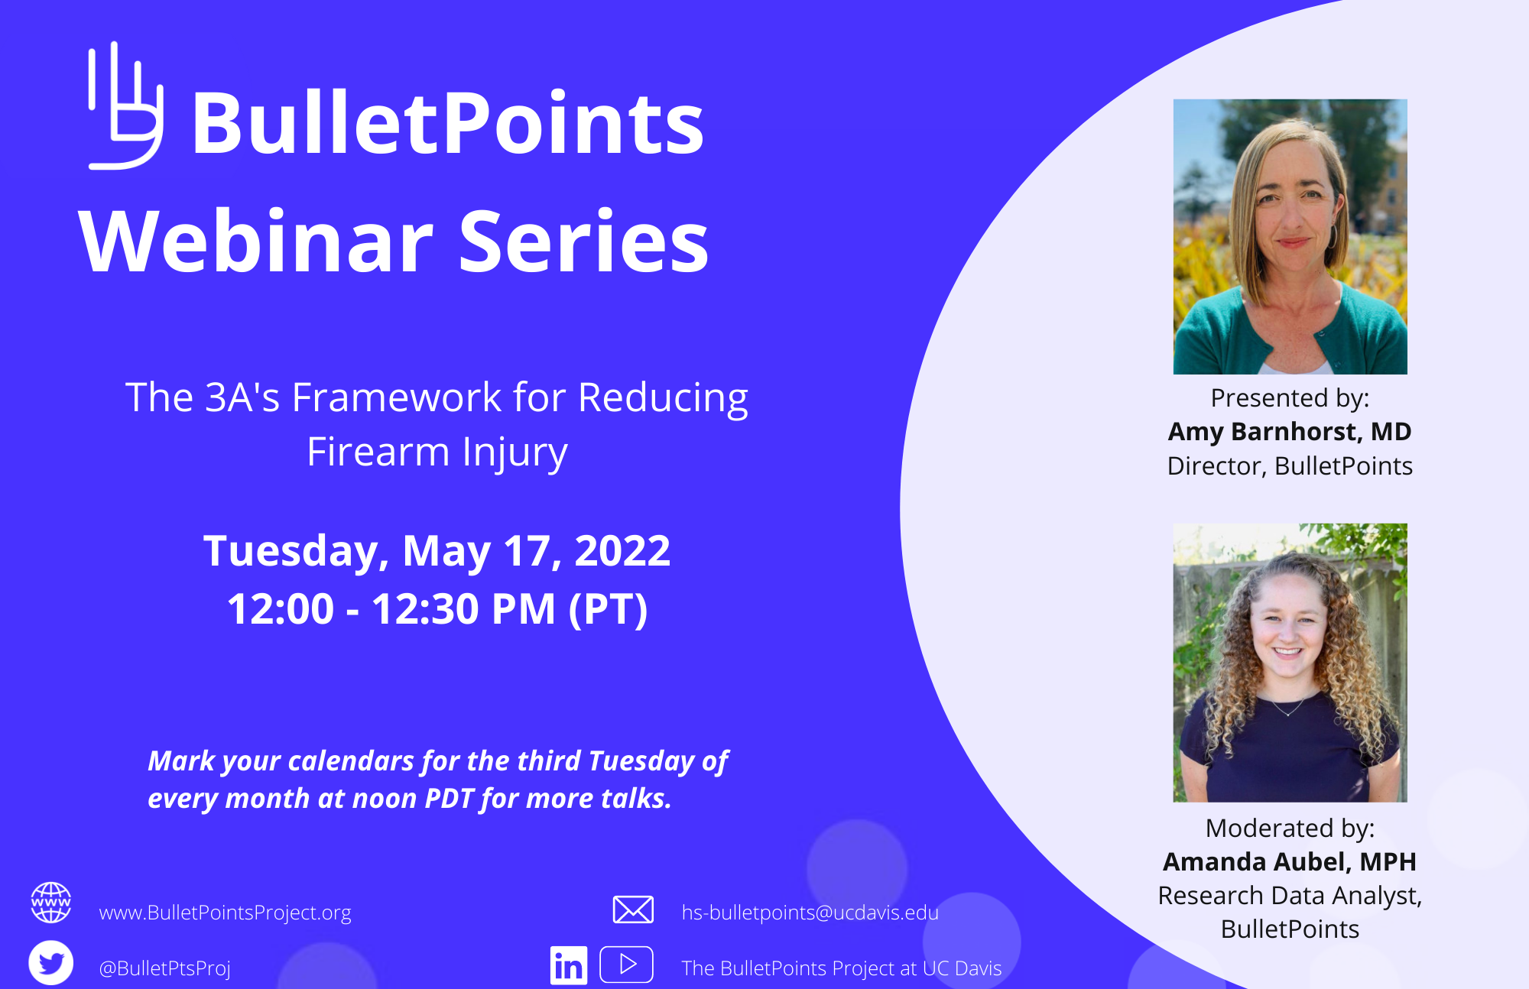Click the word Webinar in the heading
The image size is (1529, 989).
(x=256, y=242)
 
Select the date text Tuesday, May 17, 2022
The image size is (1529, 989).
(x=437, y=550)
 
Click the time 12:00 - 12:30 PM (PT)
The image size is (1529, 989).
(x=437, y=609)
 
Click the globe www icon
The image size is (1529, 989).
(x=51, y=903)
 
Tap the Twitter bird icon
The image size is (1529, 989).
(x=51, y=963)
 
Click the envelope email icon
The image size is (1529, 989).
(x=633, y=910)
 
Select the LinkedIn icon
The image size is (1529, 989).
(x=569, y=966)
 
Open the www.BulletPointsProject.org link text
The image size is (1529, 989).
(x=225, y=913)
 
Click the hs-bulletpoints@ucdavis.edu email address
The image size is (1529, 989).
(x=810, y=913)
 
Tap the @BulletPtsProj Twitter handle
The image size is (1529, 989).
(x=164, y=968)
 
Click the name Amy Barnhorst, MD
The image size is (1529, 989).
(x=1290, y=432)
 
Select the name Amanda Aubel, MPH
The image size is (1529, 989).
(x=1290, y=862)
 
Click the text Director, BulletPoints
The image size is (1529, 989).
(x=1290, y=466)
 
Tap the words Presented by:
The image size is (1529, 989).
(x=1290, y=398)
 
